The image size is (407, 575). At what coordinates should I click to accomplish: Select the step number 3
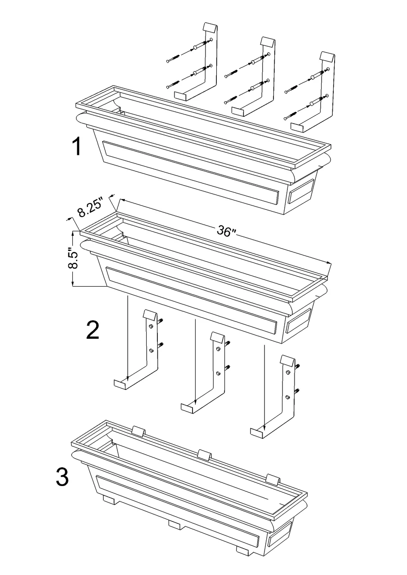(62, 477)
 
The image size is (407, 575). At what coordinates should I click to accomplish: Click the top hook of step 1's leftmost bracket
(210, 27)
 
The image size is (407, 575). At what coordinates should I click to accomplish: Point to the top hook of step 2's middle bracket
(218, 338)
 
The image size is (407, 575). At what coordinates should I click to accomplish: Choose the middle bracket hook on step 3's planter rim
(205, 454)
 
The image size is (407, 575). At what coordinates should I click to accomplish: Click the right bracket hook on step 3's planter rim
(273, 478)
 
